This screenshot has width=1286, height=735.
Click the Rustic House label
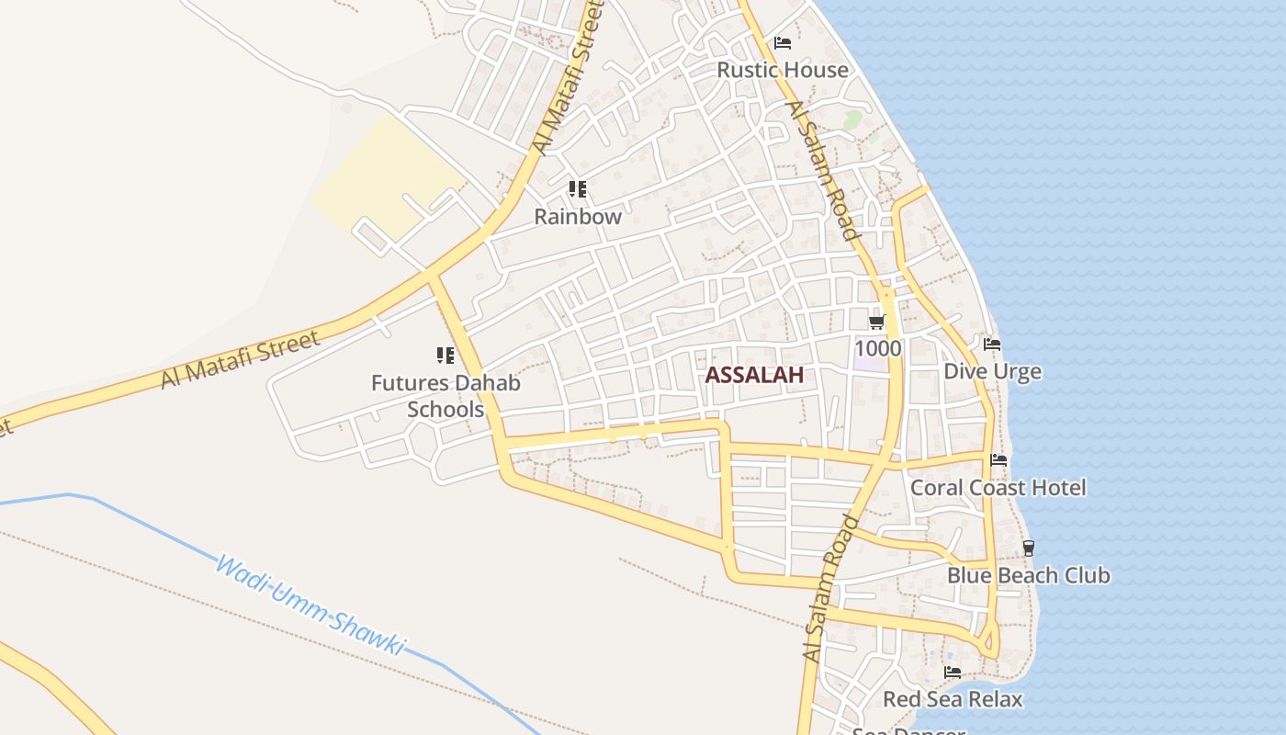click(x=783, y=70)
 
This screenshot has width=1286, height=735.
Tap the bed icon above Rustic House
click(x=783, y=42)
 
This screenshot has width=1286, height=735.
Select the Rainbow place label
click(x=578, y=217)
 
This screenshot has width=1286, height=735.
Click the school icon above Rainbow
click(x=577, y=189)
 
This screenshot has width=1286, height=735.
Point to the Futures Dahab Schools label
click(x=446, y=396)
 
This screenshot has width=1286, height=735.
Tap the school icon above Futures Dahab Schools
click(x=446, y=355)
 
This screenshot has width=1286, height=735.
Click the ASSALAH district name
click(x=754, y=375)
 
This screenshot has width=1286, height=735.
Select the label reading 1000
click(x=877, y=349)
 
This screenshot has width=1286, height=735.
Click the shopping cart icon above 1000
click(x=876, y=322)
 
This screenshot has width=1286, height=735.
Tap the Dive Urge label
click(x=992, y=371)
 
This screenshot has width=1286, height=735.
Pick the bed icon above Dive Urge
click(x=992, y=345)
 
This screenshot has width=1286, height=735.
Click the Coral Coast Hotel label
click(x=998, y=488)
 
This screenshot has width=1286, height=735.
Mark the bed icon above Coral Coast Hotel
click(x=998, y=460)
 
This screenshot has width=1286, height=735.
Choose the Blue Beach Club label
click(x=1028, y=576)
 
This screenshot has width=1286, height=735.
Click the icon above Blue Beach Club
click(x=1028, y=548)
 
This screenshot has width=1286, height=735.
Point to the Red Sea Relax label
click(x=952, y=699)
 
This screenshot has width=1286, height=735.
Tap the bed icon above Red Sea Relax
click(x=952, y=673)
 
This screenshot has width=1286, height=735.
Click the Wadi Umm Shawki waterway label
click(x=309, y=605)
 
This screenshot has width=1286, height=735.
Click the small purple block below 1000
click(x=871, y=364)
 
